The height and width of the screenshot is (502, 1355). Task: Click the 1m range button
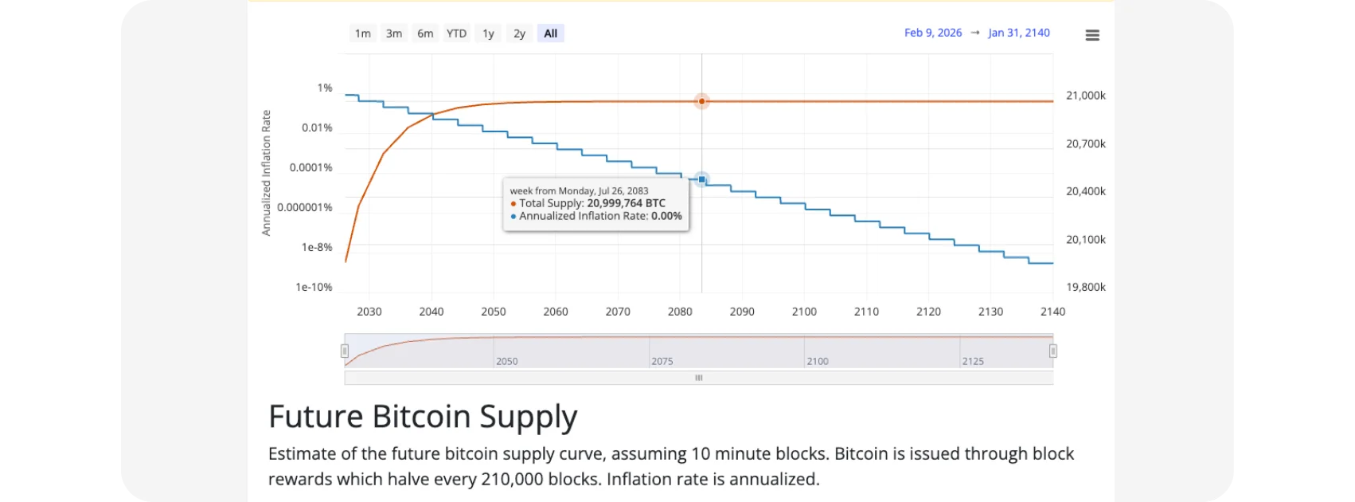tap(362, 33)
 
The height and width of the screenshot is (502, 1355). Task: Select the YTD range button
tap(456, 33)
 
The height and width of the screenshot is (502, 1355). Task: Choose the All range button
tap(550, 33)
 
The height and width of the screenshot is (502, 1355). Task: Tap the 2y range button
tap(519, 33)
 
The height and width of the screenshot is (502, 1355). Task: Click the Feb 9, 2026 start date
tap(933, 33)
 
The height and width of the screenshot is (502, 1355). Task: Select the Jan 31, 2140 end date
tap(1019, 33)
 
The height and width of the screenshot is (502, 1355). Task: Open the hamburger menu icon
tap(1092, 35)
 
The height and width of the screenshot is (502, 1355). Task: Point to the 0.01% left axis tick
tap(317, 127)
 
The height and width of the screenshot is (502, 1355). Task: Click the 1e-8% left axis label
tap(317, 247)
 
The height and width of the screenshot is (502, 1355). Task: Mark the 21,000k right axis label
tap(1086, 96)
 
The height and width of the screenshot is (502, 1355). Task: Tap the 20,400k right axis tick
tap(1086, 191)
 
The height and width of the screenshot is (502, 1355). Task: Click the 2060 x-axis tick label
tap(556, 312)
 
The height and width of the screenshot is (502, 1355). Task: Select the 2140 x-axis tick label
tap(1052, 312)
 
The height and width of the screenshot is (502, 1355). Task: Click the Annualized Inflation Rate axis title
tap(267, 173)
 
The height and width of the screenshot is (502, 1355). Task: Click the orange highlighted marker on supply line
tap(701, 101)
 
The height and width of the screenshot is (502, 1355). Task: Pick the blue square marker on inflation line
tap(701, 179)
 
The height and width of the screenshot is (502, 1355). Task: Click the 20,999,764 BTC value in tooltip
tap(626, 203)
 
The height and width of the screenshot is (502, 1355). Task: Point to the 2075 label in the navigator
tap(662, 361)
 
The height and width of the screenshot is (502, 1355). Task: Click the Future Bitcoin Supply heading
tap(423, 417)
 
